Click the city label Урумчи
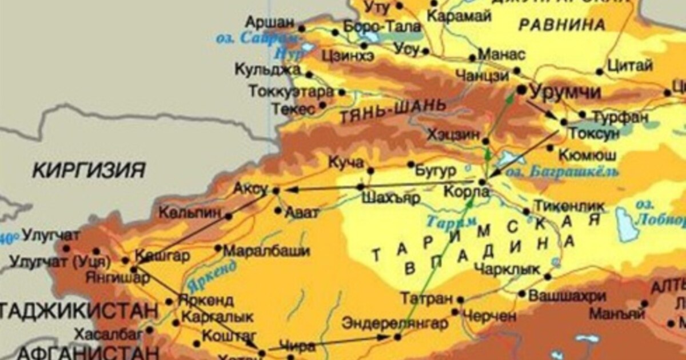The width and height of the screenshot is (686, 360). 565,91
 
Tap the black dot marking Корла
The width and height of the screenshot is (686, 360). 482,182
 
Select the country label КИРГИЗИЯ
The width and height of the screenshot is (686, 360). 88,170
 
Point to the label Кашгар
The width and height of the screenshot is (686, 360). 162,255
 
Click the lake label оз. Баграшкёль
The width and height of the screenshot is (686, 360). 563,171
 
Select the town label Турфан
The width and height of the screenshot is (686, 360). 620,117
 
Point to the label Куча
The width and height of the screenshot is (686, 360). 346,162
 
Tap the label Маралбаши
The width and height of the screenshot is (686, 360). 266,251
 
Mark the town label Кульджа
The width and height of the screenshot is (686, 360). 268,69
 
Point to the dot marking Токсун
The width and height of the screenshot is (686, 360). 564,122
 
